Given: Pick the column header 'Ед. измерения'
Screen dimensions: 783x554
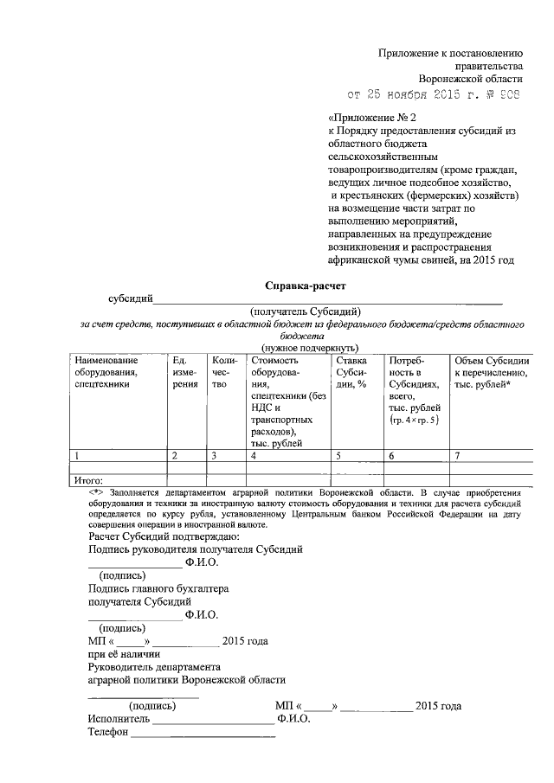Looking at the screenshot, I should coord(184,371).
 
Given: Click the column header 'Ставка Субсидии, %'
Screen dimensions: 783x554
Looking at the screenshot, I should coord(351,371).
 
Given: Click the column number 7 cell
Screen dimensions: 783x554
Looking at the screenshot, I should coord(458,455).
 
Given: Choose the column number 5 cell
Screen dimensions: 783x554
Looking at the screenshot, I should coord(339,455).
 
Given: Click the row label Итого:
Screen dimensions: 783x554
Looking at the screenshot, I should coord(89,480).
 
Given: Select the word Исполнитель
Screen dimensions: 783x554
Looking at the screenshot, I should coord(119,718).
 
